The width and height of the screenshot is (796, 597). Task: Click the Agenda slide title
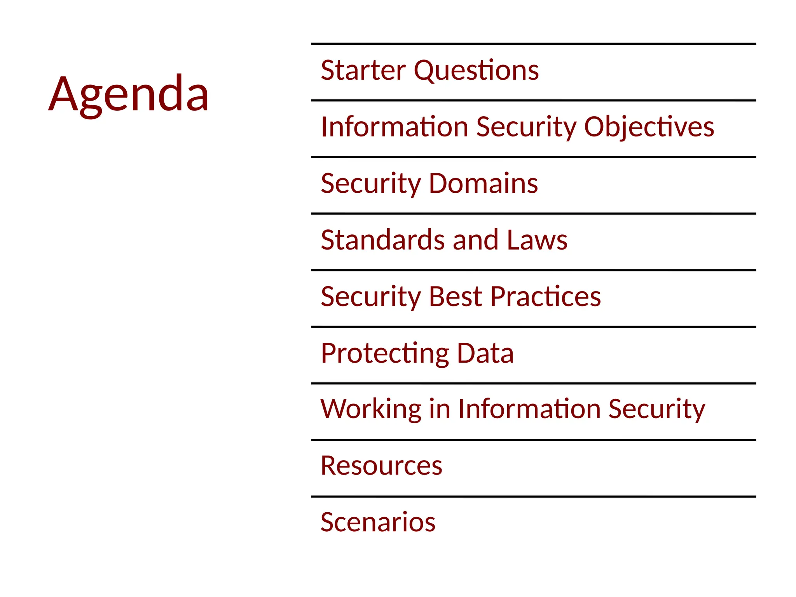point(129,94)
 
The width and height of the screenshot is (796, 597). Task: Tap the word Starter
point(363,71)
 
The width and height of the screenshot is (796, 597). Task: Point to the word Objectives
point(649,127)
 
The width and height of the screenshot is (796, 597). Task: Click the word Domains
point(484,183)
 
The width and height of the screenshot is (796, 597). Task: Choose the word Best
point(456,297)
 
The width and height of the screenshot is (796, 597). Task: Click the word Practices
point(546,297)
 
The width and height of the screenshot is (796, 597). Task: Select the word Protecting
point(385,354)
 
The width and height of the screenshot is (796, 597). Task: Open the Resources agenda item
point(381,466)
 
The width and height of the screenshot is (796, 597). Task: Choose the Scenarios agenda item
point(378,522)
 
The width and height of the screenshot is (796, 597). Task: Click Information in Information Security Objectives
point(395,127)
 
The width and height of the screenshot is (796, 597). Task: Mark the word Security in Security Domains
point(371,184)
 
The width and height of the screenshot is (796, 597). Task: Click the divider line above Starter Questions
point(533,44)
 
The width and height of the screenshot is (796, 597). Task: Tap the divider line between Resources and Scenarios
point(533,496)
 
